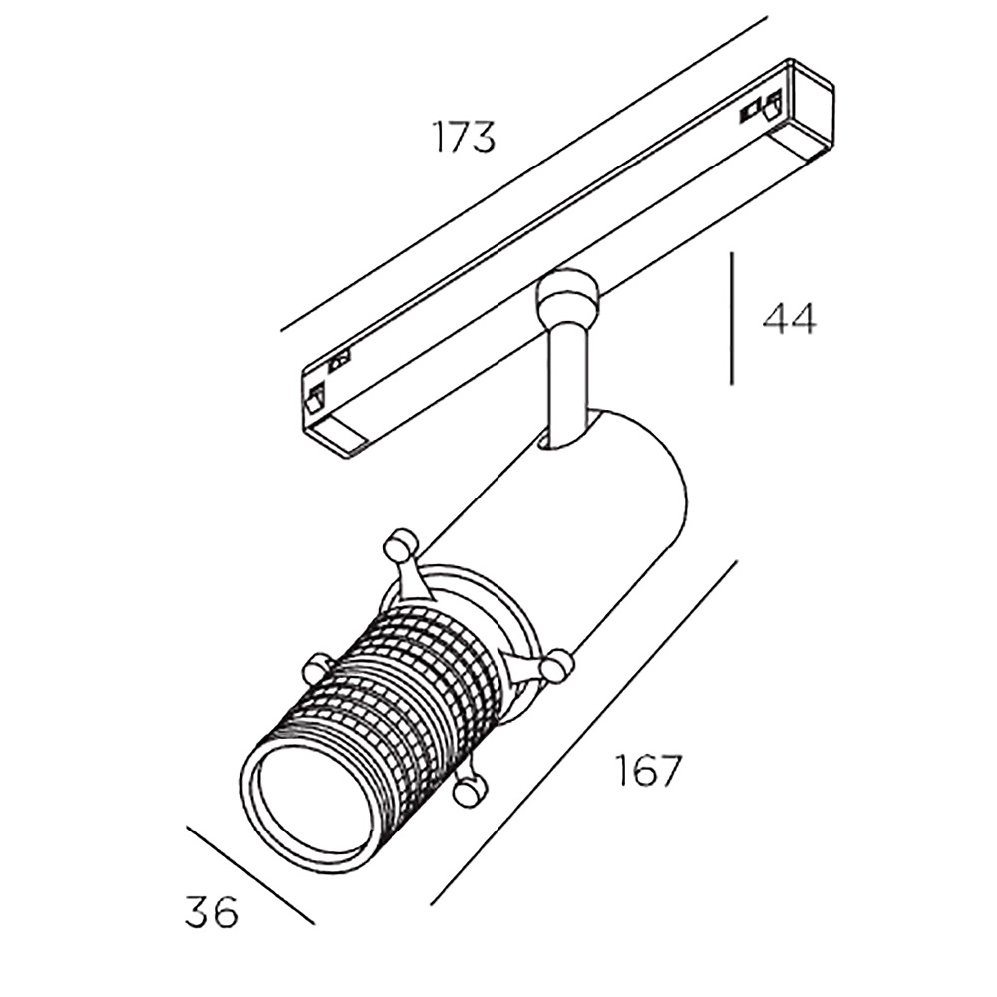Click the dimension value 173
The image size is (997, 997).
tap(464, 136)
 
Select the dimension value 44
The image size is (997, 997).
tap(789, 319)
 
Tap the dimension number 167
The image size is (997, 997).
tap(648, 770)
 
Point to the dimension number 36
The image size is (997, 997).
tap(212, 911)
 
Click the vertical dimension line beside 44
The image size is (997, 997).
tap(732, 318)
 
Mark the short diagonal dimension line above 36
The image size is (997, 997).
tap(251, 875)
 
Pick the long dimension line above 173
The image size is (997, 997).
tap(524, 173)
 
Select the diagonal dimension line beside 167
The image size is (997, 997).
tap(583, 733)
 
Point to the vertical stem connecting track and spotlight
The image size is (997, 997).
tap(567, 388)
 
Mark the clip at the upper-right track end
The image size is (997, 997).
tap(760, 110)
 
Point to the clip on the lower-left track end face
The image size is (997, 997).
tap(316, 397)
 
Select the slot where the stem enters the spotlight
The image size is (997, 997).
tap(566, 439)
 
